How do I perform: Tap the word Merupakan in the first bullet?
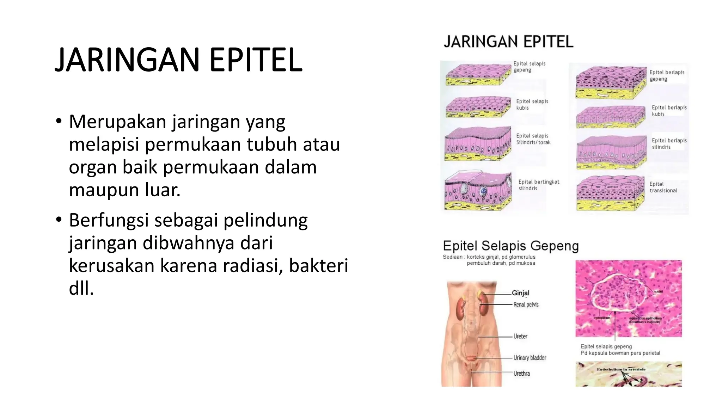(x=118, y=122)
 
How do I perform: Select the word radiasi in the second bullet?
(x=255, y=265)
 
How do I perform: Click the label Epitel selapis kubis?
(x=532, y=104)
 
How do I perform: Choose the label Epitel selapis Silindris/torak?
(x=533, y=139)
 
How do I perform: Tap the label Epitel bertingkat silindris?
(x=538, y=185)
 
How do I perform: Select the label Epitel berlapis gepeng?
(x=666, y=75)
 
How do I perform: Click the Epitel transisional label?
(x=663, y=187)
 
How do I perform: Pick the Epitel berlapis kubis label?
(x=669, y=111)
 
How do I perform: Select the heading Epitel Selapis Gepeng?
(x=510, y=246)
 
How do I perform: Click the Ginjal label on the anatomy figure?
(x=520, y=293)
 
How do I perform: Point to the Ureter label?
(x=520, y=336)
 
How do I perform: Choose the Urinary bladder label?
(x=530, y=357)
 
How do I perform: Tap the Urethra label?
(x=521, y=373)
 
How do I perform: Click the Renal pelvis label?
(x=526, y=304)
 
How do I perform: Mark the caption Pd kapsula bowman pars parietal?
(x=620, y=353)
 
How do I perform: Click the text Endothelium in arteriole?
(x=621, y=369)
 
